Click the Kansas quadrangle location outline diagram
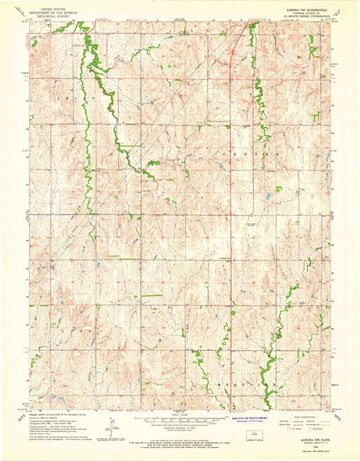pos(255,436)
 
